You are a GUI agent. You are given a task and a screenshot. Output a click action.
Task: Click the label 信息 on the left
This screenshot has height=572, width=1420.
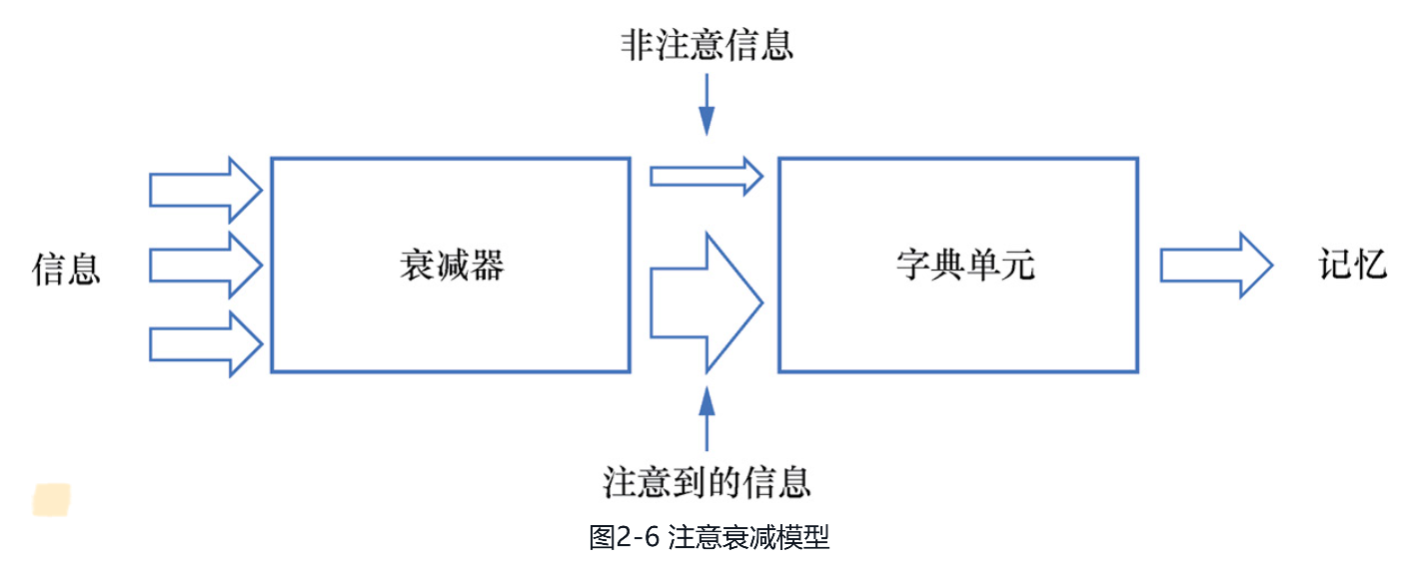tap(67, 268)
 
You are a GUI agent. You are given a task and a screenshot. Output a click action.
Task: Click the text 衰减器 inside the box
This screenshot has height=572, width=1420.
tap(451, 266)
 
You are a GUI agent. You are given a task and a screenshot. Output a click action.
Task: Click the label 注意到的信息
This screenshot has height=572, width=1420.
tap(707, 482)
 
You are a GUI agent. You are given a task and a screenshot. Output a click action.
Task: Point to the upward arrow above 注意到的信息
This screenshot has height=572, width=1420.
tap(707, 417)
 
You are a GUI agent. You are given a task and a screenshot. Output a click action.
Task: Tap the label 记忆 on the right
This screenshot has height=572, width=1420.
tap(1353, 266)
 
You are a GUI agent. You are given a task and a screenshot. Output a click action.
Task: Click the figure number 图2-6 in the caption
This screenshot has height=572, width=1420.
tap(625, 538)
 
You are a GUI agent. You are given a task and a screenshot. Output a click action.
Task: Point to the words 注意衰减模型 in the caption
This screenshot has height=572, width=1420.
tap(748, 538)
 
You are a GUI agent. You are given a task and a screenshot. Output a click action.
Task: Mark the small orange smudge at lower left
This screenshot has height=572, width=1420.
tap(52, 499)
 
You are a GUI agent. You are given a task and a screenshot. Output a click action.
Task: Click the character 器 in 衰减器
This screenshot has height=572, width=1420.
tap(486, 266)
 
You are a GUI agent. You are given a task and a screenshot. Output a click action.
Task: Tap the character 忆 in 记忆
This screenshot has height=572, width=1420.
tap(1370, 266)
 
